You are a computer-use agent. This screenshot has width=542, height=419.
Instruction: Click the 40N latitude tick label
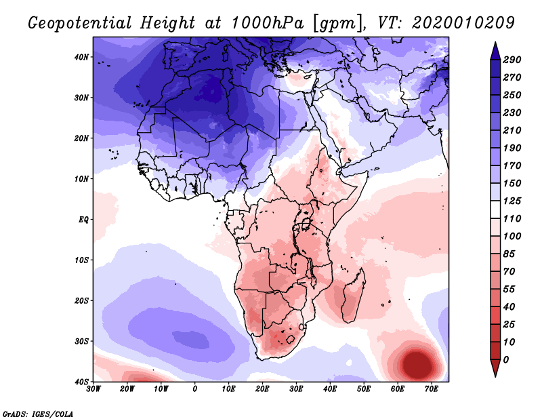tap(81, 57)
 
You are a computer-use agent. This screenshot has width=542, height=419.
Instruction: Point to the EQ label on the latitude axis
tap(83, 220)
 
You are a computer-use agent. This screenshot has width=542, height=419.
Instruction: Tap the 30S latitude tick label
tap(81, 342)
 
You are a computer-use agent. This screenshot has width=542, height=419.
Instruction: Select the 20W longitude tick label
tap(127, 389)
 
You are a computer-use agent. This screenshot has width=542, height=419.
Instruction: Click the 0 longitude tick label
tap(194, 389)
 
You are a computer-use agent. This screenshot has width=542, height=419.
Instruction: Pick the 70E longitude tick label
tap(431, 389)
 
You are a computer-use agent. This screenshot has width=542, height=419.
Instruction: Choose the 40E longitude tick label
tap(330, 389)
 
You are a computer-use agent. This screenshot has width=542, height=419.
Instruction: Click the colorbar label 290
tap(512, 60)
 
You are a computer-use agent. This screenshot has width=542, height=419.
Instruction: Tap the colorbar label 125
tap(512, 201)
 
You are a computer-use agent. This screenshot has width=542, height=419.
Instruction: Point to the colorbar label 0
tap(506, 360)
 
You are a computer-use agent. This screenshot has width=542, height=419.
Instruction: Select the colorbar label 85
tap(509, 254)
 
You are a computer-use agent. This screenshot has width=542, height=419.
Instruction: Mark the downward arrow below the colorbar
tap(495, 368)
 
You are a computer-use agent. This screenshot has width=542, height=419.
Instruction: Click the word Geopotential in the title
tap(80, 24)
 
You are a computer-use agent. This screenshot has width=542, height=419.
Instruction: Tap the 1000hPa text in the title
tap(268, 23)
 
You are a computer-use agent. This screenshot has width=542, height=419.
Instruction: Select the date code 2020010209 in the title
tap(463, 23)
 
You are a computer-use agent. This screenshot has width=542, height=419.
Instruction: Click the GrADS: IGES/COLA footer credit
tap(38, 414)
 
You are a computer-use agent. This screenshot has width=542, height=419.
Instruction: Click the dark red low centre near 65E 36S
tap(417, 365)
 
